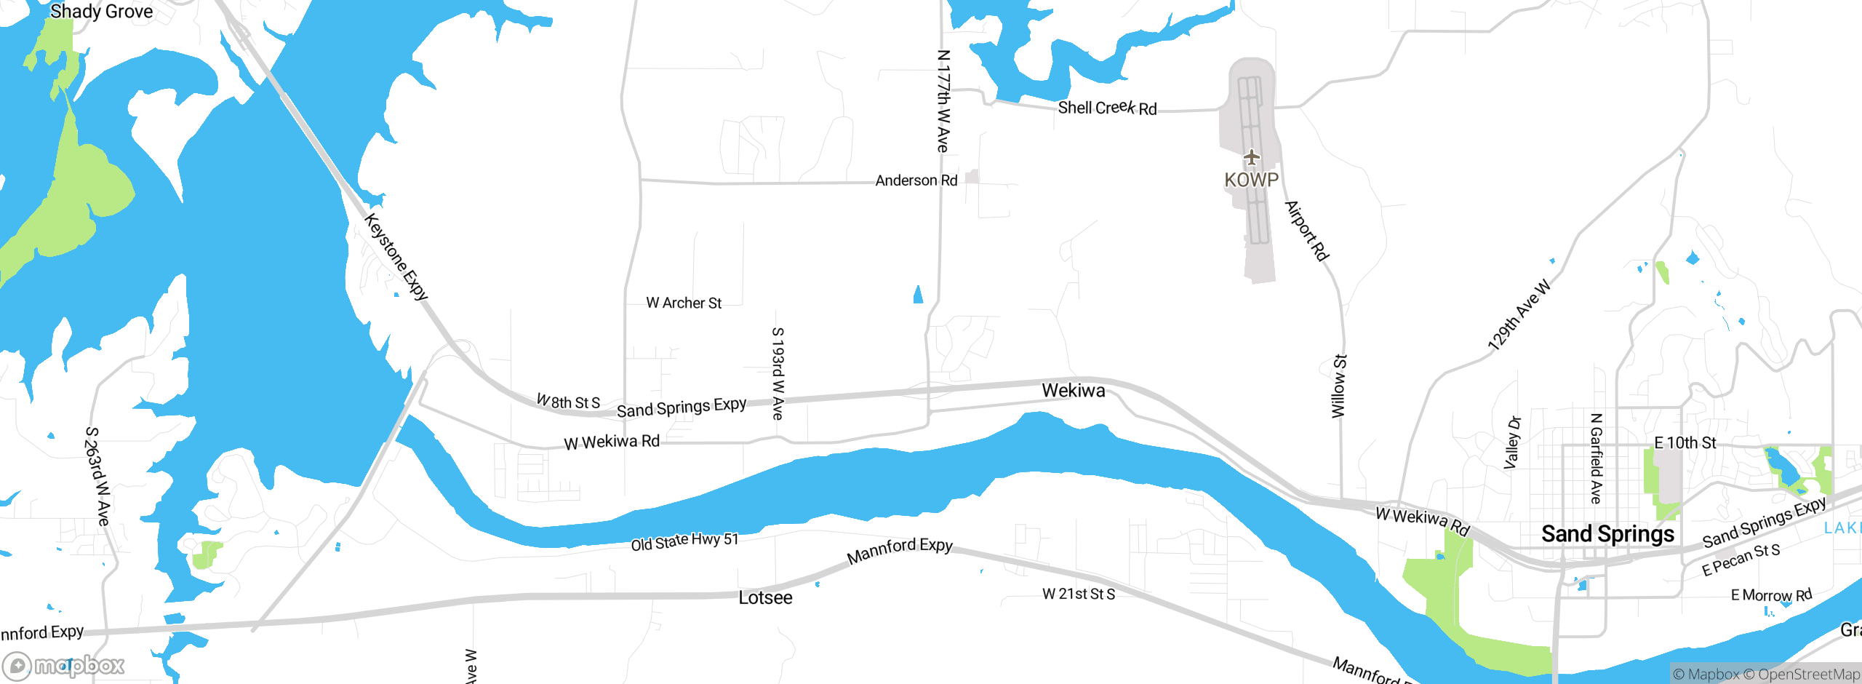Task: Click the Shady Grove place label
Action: [101, 12]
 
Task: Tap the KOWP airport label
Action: [1251, 180]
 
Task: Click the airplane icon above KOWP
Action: [1251, 156]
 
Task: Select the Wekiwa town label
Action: [1073, 391]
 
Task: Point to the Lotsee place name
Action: [765, 598]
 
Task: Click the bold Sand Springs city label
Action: [1607, 534]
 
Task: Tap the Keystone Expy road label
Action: [396, 256]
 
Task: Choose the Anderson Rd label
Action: [916, 180]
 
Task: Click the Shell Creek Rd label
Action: [1107, 108]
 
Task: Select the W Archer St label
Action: [684, 303]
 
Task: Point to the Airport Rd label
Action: [1307, 231]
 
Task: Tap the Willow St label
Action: [1339, 386]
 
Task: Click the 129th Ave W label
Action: [1519, 315]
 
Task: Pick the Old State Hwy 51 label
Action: [684, 541]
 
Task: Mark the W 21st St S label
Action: [1079, 594]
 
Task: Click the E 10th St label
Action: [1685, 442]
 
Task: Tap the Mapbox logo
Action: [64, 666]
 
